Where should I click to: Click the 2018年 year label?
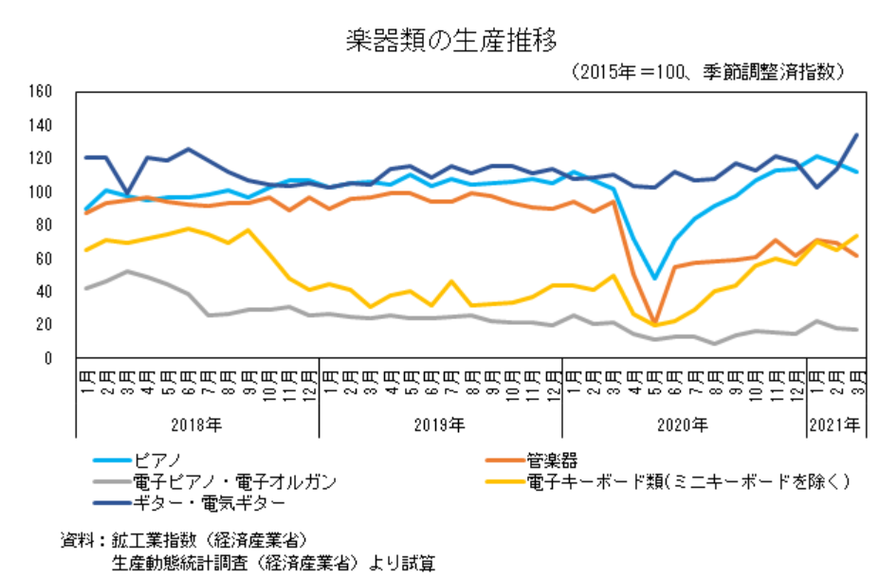click(x=196, y=424)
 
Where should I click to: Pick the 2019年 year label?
click(x=440, y=424)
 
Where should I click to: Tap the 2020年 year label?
click(x=684, y=424)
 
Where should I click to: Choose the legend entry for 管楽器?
click(x=552, y=461)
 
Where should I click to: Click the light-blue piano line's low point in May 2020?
click(x=654, y=279)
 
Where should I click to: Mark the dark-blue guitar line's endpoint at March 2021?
click(x=857, y=135)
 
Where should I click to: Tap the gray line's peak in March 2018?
click(x=127, y=271)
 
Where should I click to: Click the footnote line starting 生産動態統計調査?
click(x=275, y=561)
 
